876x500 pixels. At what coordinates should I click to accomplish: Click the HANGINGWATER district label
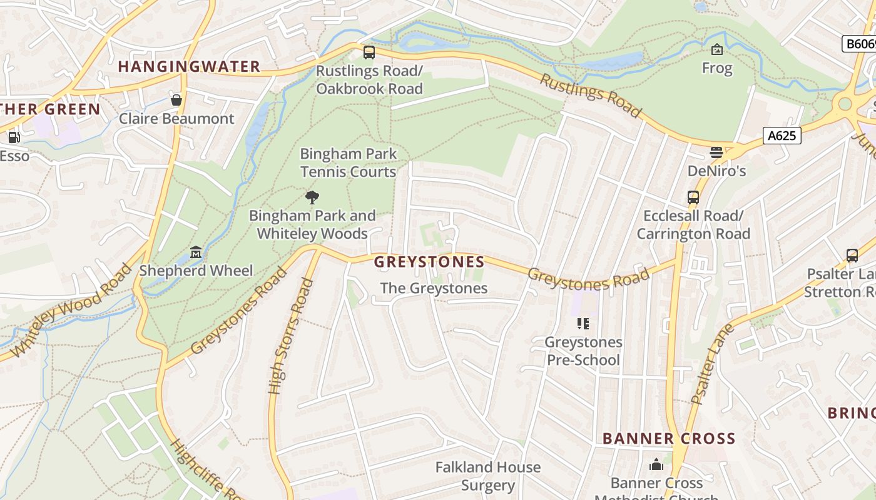coord(189,66)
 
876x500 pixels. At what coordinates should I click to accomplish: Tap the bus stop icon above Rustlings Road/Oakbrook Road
coord(369,52)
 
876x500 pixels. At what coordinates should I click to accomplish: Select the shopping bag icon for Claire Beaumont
coord(176,100)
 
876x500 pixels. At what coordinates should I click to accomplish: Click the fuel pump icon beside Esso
coord(14,137)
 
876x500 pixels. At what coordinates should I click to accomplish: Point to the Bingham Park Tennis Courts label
coord(348,162)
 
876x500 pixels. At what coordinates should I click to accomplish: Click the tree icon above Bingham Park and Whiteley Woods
coord(312,198)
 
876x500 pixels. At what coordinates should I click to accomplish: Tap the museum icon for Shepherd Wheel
coord(196,252)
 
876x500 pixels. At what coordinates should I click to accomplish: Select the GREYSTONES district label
coord(429,262)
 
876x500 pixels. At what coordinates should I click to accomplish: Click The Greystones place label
coord(434,288)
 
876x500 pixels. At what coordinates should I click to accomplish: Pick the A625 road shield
coord(782,135)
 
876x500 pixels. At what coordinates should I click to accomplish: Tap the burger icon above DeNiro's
coord(716,152)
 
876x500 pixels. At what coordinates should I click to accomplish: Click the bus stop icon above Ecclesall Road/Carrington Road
coord(693,197)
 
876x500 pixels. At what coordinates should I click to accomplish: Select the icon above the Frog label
coord(717,49)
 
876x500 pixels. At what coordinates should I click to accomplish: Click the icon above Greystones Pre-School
coord(583,324)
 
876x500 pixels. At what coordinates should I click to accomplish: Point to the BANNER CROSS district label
coord(669,438)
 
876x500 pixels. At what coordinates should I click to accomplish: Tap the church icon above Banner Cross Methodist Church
coord(656,464)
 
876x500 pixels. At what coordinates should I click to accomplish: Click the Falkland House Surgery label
coord(487,476)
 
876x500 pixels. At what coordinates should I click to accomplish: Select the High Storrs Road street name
coord(290,336)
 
